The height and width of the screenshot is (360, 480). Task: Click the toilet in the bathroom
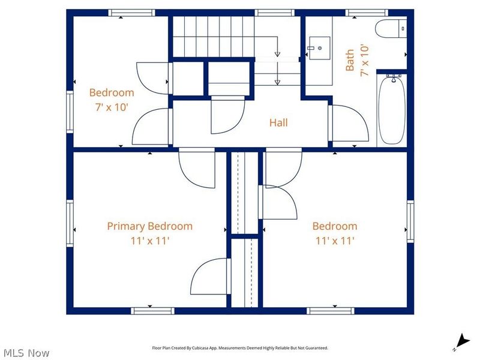point(391,29)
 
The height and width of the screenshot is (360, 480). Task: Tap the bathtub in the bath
point(392,110)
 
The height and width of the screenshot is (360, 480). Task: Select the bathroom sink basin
point(320,48)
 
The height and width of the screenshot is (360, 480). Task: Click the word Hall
point(278,123)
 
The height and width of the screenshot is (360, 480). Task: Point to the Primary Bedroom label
point(149,226)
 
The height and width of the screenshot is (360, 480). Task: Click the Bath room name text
point(350,61)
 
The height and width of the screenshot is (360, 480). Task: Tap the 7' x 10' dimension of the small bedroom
point(112,107)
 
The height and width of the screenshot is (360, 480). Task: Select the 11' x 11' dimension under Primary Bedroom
point(150,241)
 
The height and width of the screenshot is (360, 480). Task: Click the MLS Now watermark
point(26,353)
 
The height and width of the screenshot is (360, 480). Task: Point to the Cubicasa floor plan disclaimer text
point(240,348)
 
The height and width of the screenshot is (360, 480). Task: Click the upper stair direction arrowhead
point(277,54)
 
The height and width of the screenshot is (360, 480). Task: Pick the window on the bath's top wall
point(367,13)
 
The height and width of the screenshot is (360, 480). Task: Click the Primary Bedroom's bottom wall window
point(153,311)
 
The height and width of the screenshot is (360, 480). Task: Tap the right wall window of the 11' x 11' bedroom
point(410,221)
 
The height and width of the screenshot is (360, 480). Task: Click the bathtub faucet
point(394,79)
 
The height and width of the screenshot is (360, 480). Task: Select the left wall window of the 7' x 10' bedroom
point(70,112)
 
